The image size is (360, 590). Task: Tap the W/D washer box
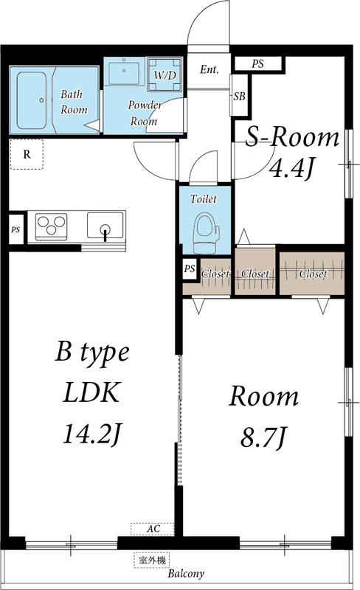point(163,75)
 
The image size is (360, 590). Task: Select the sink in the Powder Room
point(122,74)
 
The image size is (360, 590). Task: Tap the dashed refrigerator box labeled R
point(27,154)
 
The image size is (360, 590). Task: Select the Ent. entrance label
point(210,71)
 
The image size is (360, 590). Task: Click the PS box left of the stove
point(15,229)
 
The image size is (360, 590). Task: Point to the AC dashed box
point(153,529)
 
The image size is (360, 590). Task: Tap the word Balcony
point(185,574)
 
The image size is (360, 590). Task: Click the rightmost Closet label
point(313,274)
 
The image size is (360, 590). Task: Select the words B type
point(92,353)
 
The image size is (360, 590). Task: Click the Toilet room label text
point(203,199)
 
